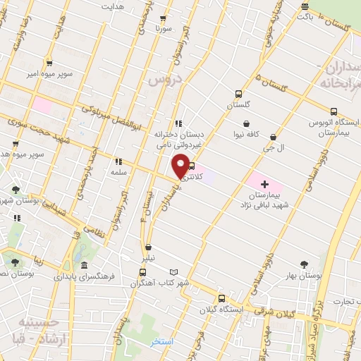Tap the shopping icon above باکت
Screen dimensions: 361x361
pos(305,7)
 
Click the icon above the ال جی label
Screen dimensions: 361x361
pos(272,137)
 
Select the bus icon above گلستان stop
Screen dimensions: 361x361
pos(238,94)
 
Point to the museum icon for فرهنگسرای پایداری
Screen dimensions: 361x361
pos(84,266)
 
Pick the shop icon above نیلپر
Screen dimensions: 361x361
pos(148,247)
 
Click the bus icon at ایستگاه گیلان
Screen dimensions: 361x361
pos(221,298)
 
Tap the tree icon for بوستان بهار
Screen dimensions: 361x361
pos(304,264)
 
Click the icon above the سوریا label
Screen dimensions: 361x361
pos(164,19)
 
